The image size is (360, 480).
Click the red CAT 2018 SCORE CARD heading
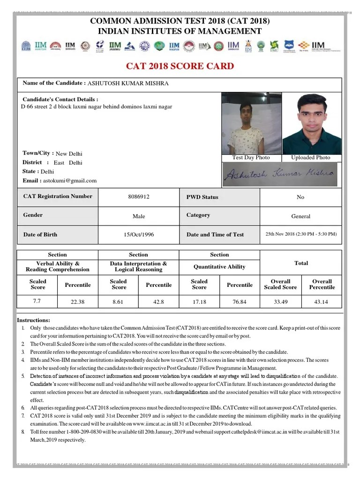coord(180,66)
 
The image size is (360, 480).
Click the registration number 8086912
coord(139,197)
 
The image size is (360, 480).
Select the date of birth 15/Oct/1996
coord(139,234)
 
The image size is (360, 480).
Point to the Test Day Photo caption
coord(251,157)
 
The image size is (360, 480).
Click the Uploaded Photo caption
coord(310,157)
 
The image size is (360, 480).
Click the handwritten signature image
coord(280,174)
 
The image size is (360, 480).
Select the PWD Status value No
coord(300,197)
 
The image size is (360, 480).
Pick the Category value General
coord(300,216)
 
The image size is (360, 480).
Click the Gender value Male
coord(139,216)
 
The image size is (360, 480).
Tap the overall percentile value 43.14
coord(322,302)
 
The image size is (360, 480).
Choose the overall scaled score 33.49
coord(280,302)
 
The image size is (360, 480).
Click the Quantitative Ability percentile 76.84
coord(240,302)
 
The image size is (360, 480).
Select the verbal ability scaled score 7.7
coord(37,301)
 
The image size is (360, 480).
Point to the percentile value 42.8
coord(158,302)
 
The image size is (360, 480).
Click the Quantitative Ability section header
coord(219,267)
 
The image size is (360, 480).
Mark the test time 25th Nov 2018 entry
coord(300,234)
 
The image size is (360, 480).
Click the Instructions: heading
coord(34,320)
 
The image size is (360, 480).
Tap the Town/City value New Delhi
coord(69,154)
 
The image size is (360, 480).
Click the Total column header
coord(301,263)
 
